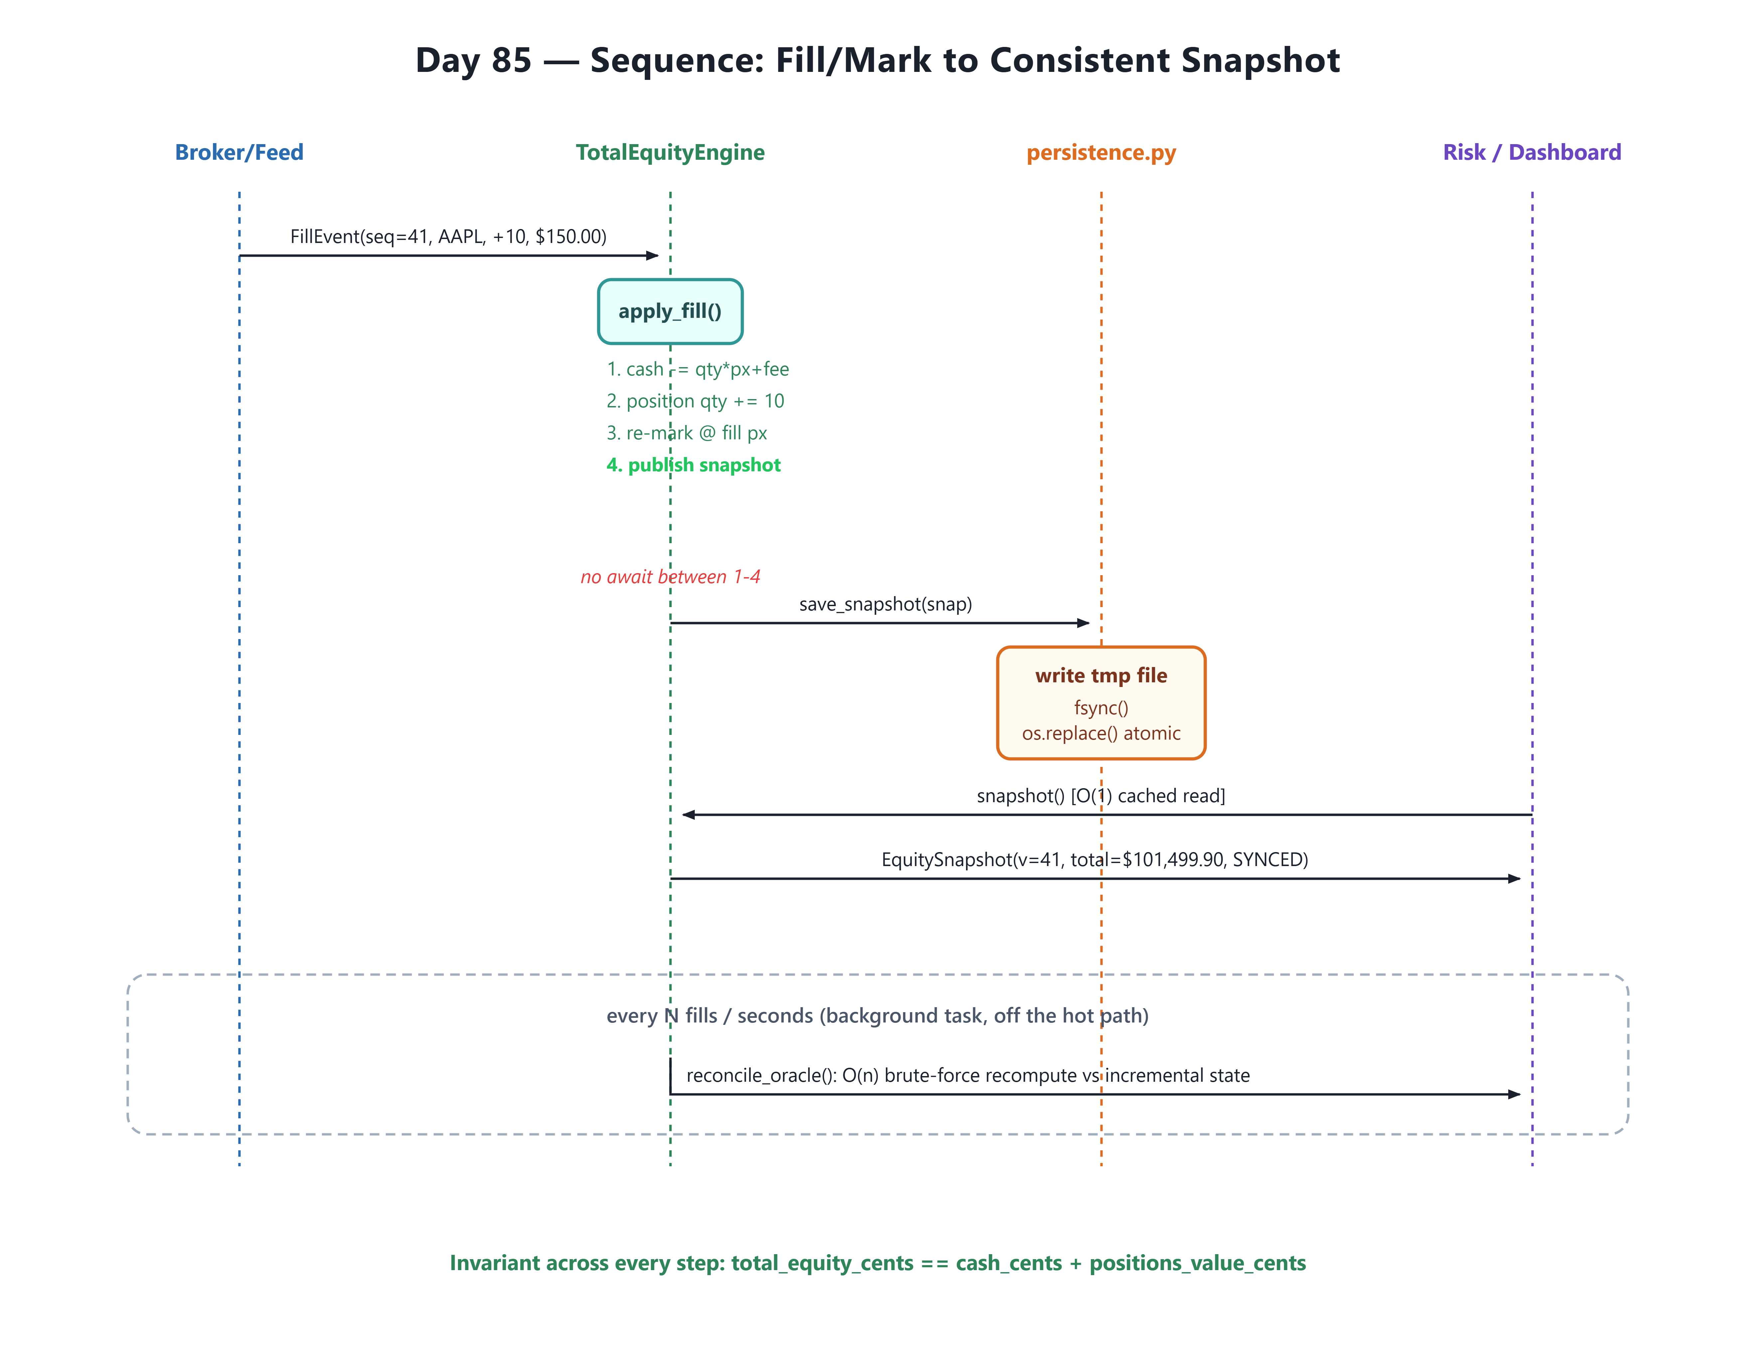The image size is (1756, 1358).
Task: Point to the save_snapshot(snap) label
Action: pos(885,604)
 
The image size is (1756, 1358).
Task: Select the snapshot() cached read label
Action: pos(1101,795)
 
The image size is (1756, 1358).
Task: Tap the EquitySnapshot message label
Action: pos(1094,859)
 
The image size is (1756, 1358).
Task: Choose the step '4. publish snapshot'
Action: pos(693,465)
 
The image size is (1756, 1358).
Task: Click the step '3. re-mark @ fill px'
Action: pos(687,433)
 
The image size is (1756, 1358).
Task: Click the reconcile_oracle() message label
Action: pos(968,1076)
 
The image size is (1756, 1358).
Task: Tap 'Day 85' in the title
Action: pos(474,60)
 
